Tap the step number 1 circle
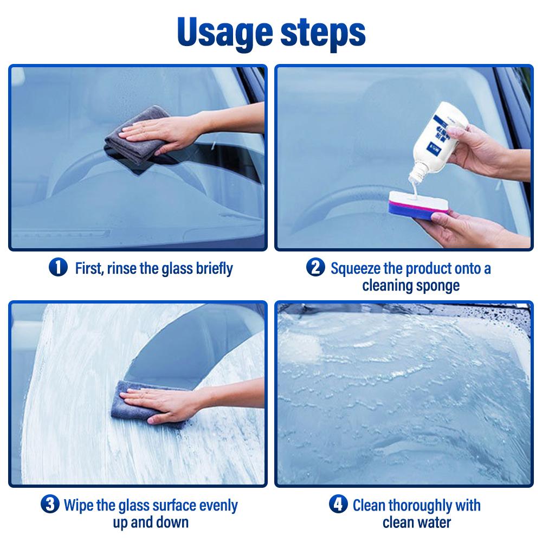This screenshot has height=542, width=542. pyautogui.click(x=58, y=268)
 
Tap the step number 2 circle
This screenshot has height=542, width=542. pyautogui.click(x=315, y=268)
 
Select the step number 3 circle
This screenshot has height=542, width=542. pyautogui.click(x=50, y=505)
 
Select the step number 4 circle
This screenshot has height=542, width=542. pyautogui.click(x=338, y=505)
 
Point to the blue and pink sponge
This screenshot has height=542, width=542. pyautogui.click(x=418, y=205)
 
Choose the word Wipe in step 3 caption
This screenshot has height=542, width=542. pyautogui.click(x=79, y=506)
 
